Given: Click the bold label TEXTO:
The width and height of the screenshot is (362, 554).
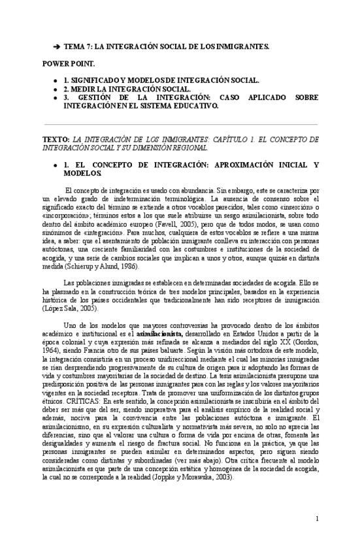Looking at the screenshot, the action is tap(55, 140).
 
